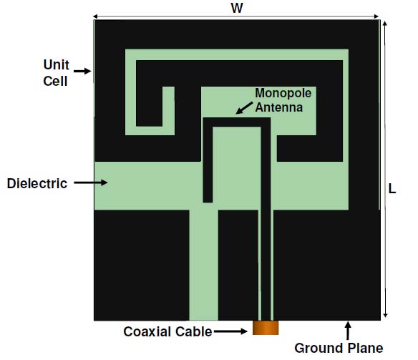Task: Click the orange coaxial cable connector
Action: pyautogui.click(x=266, y=328)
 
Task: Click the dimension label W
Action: pyautogui.click(x=237, y=8)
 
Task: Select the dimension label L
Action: pyautogui.click(x=392, y=189)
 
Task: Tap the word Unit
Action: pyautogui.click(x=57, y=64)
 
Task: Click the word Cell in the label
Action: pyautogui.click(x=55, y=81)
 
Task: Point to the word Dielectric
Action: pyautogui.click(x=37, y=184)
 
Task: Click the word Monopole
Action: pyautogui.click(x=283, y=93)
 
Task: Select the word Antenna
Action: pyautogui.click(x=279, y=107)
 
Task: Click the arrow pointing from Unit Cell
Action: pyautogui.click(x=82, y=71)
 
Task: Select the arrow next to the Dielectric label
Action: pyautogui.click(x=91, y=183)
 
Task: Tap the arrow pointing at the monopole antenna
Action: pyautogui.click(x=244, y=107)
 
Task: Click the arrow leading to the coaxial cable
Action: pyautogui.click(x=230, y=331)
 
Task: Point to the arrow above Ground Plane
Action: pyautogui.click(x=348, y=331)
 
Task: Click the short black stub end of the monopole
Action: pyautogui.click(x=208, y=198)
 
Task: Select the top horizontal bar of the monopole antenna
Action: pyautogui.click(x=237, y=122)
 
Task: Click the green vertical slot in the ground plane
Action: pyautogui.click(x=204, y=265)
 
